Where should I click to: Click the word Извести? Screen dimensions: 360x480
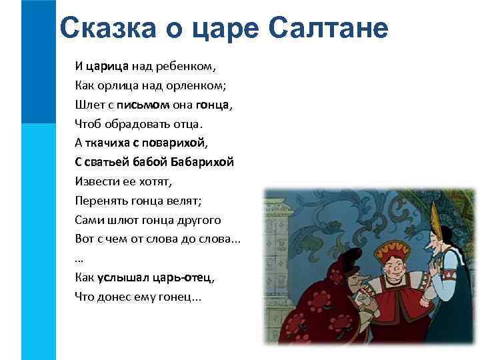(x=96, y=181)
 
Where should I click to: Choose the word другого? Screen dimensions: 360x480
(x=197, y=219)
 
